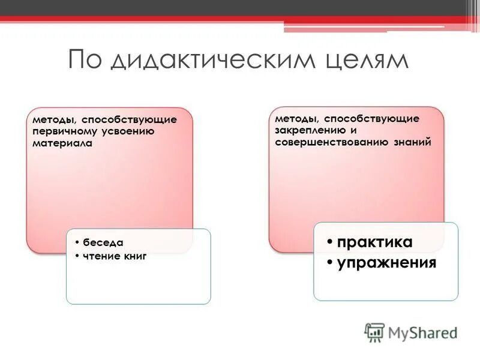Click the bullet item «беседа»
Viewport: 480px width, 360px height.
[x=103, y=243]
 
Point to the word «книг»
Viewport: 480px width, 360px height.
[x=135, y=257]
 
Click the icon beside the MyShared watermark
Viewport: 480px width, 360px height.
[x=374, y=332]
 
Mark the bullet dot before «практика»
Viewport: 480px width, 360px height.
[x=330, y=243]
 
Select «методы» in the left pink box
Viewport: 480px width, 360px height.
[x=49, y=119]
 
